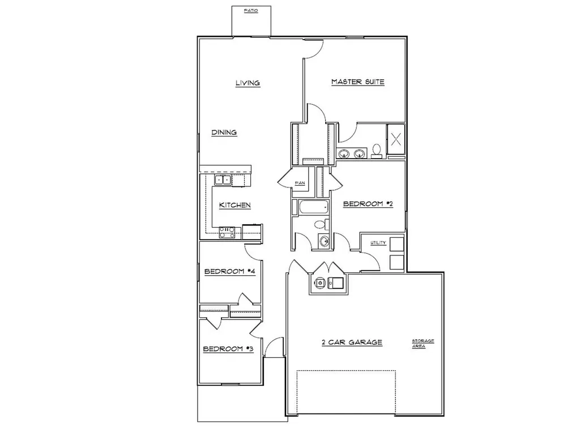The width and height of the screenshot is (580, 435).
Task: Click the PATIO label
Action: coord(251,11)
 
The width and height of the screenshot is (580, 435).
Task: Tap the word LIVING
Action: coord(248,83)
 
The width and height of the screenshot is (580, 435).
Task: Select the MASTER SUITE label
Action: coord(358,82)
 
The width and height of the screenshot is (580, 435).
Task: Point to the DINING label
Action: coord(224,133)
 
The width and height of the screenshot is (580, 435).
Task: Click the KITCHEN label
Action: coord(235,205)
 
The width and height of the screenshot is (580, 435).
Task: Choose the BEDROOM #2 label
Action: coord(368,204)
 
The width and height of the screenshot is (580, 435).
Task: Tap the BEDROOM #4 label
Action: coord(230,271)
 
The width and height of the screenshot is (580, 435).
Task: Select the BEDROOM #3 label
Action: coord(228,349)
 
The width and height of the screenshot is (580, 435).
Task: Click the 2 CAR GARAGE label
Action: coord(352,343)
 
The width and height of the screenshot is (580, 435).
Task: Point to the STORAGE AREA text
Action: coord(423,344)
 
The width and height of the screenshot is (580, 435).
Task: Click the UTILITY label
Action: coord(378,242)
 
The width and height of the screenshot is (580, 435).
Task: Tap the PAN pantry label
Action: coord(300,183)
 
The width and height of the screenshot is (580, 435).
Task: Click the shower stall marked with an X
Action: coord(396,139)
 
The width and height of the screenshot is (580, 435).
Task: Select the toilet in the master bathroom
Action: coord(377,151)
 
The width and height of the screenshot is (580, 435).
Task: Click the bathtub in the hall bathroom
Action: coord(314,207)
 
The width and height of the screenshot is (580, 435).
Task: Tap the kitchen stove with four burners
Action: coord(227,233)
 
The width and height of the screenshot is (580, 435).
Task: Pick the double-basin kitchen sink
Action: coord(223,180)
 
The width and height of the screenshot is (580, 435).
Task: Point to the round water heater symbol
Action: coord(318,283)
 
